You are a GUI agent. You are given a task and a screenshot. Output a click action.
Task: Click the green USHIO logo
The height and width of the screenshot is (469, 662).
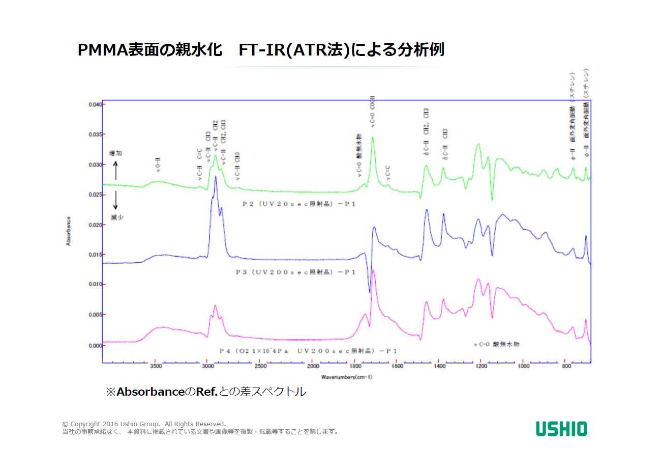pos(561,428)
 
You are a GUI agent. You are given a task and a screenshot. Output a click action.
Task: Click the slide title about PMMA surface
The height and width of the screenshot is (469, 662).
pos(261,50)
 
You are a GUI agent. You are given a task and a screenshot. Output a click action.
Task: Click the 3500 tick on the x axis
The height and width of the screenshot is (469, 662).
pos(156,366)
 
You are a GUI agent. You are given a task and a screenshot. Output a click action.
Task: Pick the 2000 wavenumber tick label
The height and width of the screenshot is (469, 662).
pos(313,366)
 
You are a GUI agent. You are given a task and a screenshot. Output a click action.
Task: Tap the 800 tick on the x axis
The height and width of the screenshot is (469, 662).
pos(565,366)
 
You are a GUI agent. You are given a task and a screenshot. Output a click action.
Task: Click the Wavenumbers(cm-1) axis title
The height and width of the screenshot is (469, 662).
pos(346,377)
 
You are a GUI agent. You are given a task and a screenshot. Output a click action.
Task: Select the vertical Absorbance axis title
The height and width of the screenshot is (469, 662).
pos(68,231)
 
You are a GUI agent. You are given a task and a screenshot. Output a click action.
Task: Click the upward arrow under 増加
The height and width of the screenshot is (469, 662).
pos(115,170)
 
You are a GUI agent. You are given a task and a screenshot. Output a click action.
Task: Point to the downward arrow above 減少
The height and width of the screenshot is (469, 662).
pos(115,200)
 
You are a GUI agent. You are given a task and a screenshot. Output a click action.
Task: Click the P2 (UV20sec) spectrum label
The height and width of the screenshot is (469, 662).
pos(299,203)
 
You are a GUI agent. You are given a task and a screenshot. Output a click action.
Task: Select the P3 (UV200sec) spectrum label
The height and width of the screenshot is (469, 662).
pos(295,272)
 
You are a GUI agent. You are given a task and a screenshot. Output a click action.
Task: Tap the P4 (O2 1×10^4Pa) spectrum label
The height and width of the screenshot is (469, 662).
pos(308,351)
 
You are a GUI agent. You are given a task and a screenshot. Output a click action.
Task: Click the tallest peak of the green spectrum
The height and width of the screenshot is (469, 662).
pos(373,138)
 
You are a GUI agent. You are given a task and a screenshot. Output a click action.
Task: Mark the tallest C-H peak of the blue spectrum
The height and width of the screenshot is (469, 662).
pos(216,177)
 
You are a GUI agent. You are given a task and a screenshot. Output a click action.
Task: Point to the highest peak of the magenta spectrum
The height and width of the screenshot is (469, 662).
pos(373,270)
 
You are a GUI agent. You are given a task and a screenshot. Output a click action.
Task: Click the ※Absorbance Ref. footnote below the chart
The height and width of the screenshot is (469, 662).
pos(206,392)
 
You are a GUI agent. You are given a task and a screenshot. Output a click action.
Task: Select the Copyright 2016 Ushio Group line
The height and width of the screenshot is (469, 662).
pos(144,424)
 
